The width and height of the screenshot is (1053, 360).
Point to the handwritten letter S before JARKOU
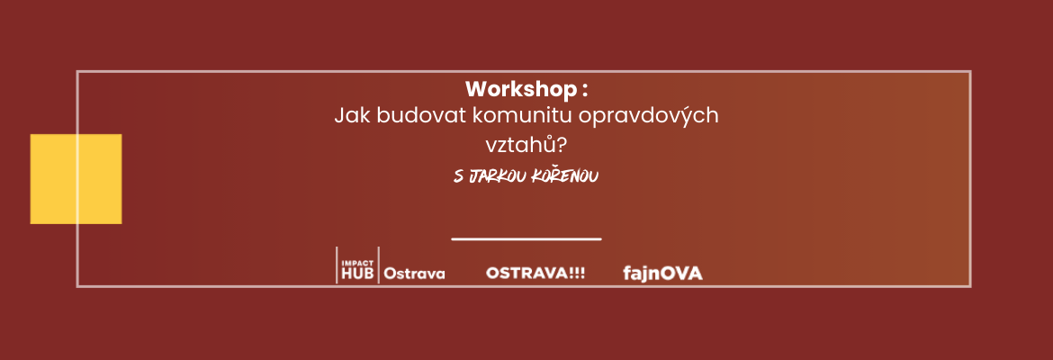pos(459,176)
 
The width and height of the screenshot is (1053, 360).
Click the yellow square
pos(76,179)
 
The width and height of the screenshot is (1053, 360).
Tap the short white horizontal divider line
pos(526,238)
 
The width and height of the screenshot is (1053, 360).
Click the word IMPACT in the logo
pos(353,264)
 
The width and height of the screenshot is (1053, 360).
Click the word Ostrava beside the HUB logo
pos(414,274)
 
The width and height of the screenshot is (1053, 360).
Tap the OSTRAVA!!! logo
pos(535,274)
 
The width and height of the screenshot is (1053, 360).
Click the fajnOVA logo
pos(662,274)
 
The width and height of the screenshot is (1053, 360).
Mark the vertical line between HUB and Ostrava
pos(379,265)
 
